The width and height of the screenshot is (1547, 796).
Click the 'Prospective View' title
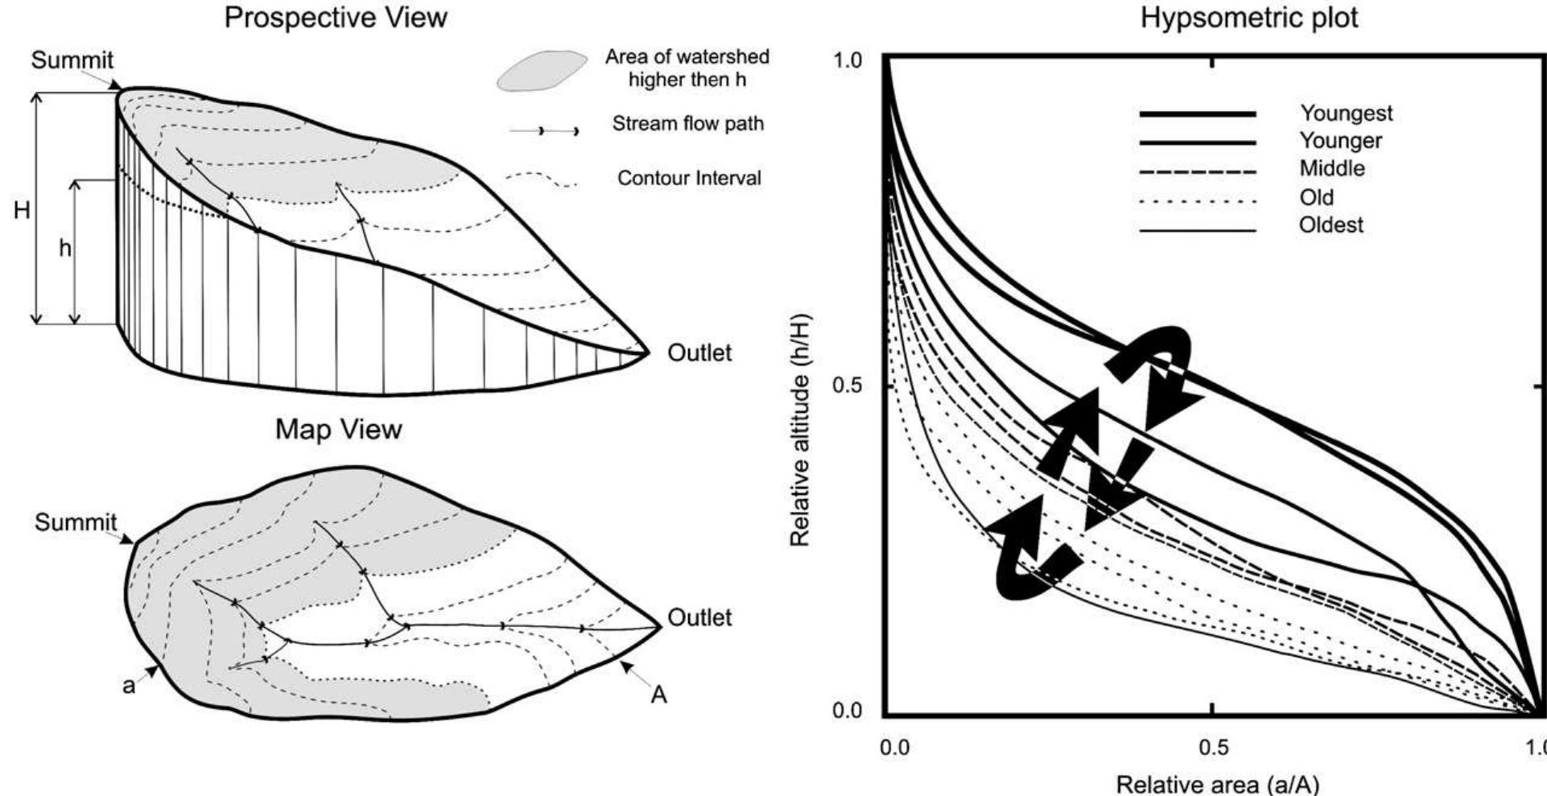[336, 17]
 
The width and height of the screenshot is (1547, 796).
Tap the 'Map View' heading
[338, 429]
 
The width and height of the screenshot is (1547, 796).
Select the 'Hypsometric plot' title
[1249, 18]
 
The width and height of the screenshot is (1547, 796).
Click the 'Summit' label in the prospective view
[72, 60]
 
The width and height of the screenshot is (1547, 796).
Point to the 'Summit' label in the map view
[76, 522]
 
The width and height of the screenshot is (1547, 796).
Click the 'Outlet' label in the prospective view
[699, 353]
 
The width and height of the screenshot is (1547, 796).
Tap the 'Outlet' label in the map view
[700, 617]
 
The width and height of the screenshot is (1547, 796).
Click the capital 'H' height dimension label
[22, 211]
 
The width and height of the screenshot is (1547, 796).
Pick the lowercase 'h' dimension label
[65, 249]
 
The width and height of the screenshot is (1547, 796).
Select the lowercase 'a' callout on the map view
[129, 687]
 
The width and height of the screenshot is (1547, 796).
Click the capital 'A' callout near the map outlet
[658, 695]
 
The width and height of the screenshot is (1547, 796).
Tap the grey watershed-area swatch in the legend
[542, 71]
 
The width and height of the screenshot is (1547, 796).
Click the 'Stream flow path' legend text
[687, 124]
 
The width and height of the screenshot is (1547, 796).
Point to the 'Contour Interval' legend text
[689, 178]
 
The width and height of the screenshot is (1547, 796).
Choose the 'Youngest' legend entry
[1346, 113]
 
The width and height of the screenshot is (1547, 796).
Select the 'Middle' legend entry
[1332, 168]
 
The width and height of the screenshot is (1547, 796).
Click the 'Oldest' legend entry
[1331, 225]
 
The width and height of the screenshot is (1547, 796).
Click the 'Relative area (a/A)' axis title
[1217, 783]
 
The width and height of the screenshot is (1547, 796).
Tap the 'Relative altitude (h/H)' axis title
[800, 430]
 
